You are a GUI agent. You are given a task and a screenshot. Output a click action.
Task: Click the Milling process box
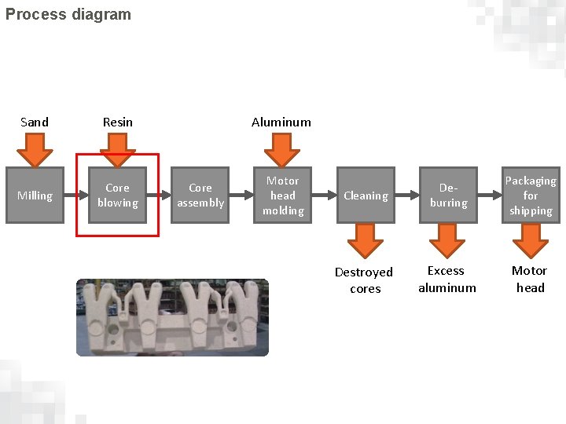tap(35, 196)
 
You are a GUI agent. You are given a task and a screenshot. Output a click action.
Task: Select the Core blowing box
tap(117, 196)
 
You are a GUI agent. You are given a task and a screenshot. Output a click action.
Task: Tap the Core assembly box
tap(200, 196)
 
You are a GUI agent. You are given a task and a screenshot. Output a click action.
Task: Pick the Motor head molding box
tap(283, 196)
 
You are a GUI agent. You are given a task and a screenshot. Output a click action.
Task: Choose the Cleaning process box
tap(366, 196)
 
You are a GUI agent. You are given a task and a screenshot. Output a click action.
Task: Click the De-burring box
tap(448, 196)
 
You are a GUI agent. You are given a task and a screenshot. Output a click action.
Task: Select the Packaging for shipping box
tap(531, 196)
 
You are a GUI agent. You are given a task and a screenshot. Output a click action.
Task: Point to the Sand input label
tap(35, 122)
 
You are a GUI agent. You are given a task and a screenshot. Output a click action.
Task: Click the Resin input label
tap(118, 122)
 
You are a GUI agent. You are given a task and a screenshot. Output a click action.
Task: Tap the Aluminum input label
tap(281, 122)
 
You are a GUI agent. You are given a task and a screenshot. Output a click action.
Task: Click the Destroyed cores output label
tap(364, 280)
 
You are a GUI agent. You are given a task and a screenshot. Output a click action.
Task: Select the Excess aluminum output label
tap(447, 279)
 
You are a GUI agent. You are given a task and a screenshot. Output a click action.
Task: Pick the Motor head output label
tap(530, 279)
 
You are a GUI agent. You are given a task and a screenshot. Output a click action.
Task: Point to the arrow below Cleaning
tap(365, 240)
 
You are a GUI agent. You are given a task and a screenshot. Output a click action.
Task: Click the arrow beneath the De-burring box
tap(447, 240)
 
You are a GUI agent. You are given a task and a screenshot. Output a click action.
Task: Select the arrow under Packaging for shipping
tap(530, 240)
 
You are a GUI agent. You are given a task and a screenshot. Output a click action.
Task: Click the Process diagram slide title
tap(68, 14)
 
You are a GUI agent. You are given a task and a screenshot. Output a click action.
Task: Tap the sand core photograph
tap(172, 317)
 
